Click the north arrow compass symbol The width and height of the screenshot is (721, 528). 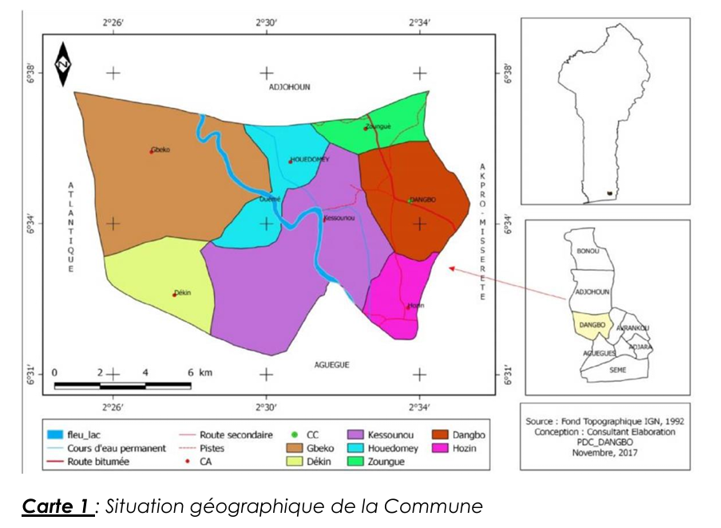click(x=63, y=63)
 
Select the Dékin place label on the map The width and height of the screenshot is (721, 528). click(x=183, y=293)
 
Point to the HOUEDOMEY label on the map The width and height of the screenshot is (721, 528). click(x=310, y=160)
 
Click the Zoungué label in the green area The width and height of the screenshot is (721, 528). click(x=378, y=126)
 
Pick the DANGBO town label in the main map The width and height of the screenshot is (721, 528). click(x=423, y=200)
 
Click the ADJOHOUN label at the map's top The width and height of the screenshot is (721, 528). click(x=289, y=86)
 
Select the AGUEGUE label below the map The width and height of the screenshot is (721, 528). click(x=332, y=364)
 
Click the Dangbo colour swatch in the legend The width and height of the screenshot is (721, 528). click(x=443, y=435)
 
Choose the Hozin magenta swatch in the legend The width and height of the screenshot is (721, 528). click(x=443, y=448)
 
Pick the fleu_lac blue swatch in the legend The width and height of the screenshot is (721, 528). click(x=55, y=435)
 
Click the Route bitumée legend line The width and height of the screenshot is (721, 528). click(x=55, y=462)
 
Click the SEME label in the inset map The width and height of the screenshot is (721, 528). click(x=618, y=371)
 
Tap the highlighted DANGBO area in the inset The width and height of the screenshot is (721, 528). click(x=592, y=326)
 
